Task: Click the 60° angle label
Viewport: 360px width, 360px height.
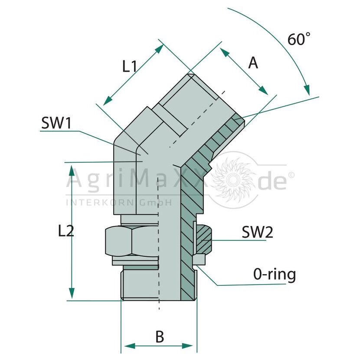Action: [x=299, y=39]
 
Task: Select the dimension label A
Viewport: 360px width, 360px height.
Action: [x=253, y=63]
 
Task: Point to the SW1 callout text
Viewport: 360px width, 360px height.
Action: [x=56, y=123]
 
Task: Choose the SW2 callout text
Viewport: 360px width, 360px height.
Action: [x=257, y=232]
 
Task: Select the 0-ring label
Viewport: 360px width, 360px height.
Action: [x=275, y=275]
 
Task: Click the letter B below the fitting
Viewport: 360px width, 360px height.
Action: [x=160, y=337]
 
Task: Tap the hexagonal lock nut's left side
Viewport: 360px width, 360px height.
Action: [x=118, y=241]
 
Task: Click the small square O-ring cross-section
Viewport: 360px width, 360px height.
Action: [x=199, y=259]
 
